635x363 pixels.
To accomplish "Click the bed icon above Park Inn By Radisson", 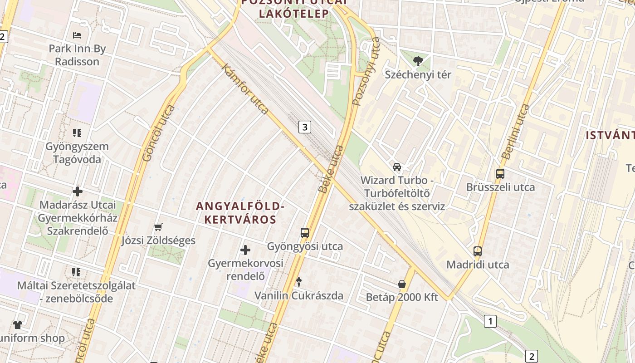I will tap(77, 35).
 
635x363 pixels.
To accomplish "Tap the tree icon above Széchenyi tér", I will tap(418, 61).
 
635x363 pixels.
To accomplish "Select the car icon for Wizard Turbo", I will tap(397, 167).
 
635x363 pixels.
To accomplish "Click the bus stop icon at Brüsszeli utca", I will tap(500, 173).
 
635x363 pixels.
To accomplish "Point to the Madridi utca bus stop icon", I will tap(478, 251).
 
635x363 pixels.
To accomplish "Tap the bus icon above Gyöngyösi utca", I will tap(305, 233).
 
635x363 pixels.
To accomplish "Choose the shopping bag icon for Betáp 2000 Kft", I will tap(402, 284).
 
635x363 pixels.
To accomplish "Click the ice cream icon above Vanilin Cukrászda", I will tap(298, 282).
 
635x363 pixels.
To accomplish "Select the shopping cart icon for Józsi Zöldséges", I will tap(158, 226).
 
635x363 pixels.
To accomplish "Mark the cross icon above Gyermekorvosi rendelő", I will tap(245, 250).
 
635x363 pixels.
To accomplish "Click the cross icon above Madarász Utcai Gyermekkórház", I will tap(78, 191).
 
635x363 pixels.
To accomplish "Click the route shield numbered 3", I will tap(305, 127).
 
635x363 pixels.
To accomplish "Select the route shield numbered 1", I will tap(490, 321).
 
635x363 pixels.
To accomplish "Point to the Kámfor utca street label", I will tap(245, 88).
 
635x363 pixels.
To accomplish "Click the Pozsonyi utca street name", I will tap(366, 71).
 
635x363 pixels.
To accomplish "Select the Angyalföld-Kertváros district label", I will tap(240, 213).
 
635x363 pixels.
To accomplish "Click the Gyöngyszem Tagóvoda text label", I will tap(77, 153).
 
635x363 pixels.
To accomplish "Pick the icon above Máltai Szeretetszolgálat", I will tap(76, 272).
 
